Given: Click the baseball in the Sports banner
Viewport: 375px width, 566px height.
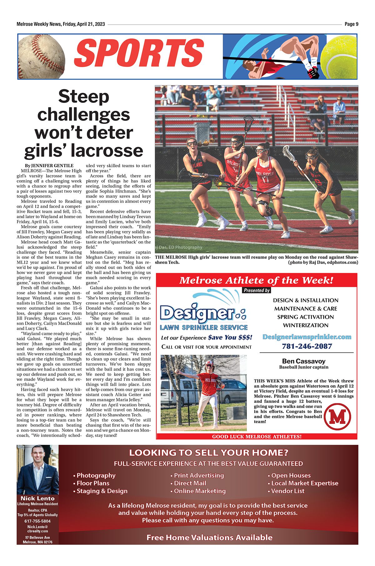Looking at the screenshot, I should [41, 57].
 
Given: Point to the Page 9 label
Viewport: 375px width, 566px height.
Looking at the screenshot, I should [351, 24].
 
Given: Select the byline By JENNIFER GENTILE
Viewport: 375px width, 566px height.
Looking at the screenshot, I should [49, 166].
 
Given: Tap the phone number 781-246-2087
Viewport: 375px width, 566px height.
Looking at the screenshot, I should [307, 346].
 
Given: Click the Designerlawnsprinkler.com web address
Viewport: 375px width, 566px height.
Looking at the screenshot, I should [307, 337].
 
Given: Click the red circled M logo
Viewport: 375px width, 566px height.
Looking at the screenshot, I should [337, 416].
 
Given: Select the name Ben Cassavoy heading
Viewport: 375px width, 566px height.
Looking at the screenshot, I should [303, 361].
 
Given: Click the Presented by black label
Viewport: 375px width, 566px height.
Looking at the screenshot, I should [257, 290].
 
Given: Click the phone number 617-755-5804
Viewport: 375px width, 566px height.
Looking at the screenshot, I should [37, 521].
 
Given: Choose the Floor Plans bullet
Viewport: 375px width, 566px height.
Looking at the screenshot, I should [93, 483].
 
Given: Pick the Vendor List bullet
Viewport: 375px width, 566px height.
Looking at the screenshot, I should [287, 491].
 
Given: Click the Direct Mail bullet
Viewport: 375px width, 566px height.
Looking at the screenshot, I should [190, 483].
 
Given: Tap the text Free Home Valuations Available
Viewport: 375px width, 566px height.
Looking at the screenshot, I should [209, 537].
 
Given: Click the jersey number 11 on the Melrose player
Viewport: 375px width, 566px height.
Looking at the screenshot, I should [266, 180].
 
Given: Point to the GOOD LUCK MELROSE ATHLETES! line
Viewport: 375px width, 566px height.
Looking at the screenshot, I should [257, 436].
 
